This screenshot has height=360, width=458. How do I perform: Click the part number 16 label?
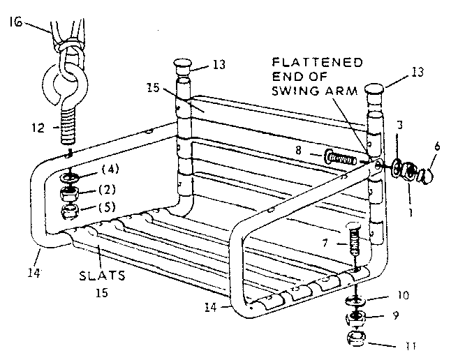tap(15, 22)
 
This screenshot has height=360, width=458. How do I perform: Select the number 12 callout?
tap(38, 128)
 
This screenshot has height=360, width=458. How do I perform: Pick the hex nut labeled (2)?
tap(68, 193)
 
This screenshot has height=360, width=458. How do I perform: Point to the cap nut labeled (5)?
tap(70, 211)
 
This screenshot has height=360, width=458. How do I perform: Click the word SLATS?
tap(102, 276)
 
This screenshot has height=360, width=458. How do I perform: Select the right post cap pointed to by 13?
tap(374, 89)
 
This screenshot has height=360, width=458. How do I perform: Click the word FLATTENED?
tap(317, 62)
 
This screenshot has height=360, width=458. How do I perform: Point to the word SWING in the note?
tap(295, 91)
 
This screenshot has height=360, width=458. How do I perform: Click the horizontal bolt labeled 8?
tap(341, 159)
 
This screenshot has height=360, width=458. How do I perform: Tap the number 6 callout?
tap(437, 147)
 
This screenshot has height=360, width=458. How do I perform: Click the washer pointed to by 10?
tap(355, 300)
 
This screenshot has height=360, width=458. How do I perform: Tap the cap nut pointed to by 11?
tap(356, 338)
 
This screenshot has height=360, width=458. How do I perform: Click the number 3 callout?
tap(400, 125)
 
